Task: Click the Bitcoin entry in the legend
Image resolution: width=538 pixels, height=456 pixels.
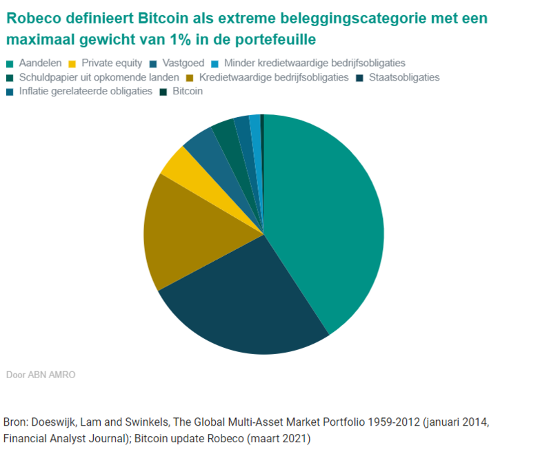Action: coord(187,91)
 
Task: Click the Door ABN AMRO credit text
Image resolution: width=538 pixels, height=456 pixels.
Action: coord(41,375)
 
